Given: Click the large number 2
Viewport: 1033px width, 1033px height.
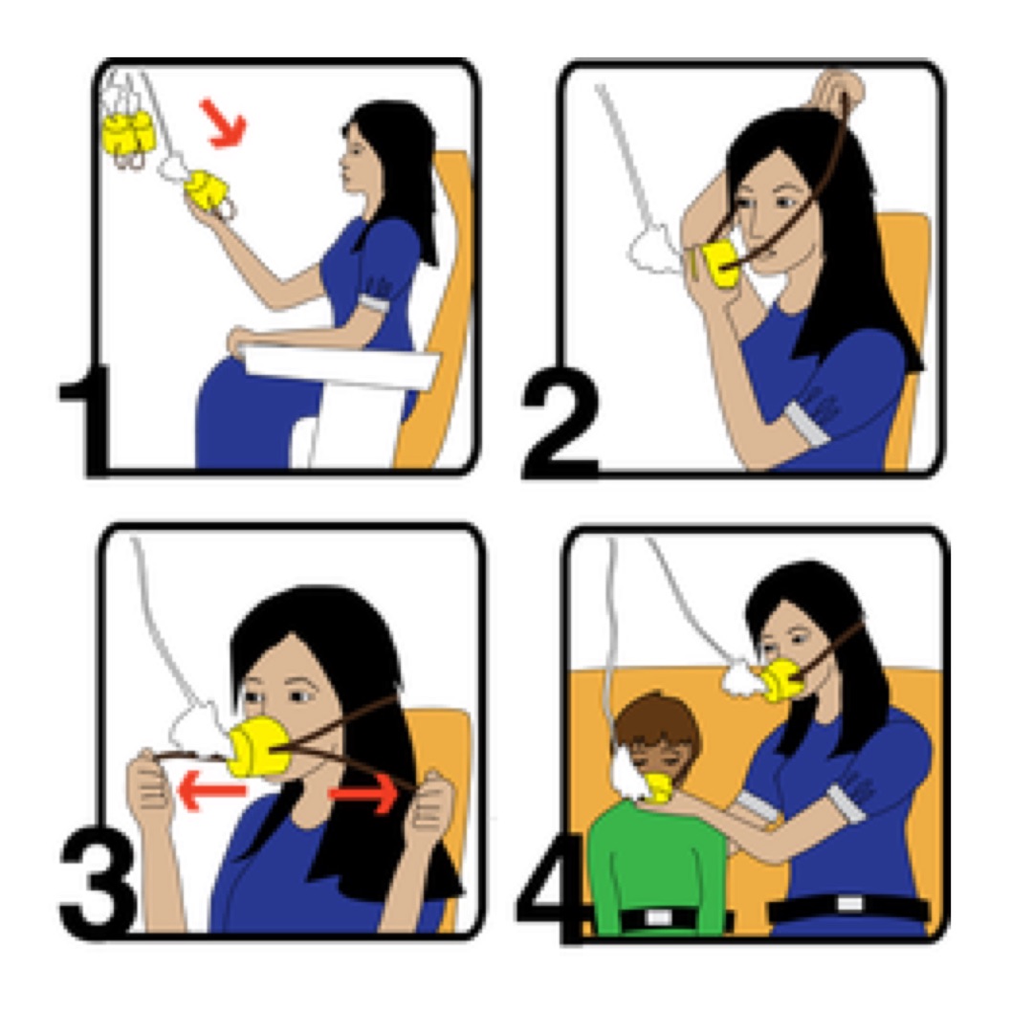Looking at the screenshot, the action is (x=560, y=423).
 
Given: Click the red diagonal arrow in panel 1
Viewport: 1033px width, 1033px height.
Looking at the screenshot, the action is (x=224, y=123).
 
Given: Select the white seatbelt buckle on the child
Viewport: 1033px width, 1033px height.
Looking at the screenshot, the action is (x=659, y=916).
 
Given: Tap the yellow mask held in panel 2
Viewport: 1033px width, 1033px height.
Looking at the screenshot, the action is (x=719, y=265).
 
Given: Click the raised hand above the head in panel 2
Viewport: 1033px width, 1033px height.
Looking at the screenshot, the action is (x=837, y=92).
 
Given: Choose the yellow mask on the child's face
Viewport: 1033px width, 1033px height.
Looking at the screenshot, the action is (x=659, y=786).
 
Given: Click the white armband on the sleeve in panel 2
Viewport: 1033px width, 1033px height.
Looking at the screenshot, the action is (x=805, y=425).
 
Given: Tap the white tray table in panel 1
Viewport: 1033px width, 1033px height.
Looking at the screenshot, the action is (x=340, y=364).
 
